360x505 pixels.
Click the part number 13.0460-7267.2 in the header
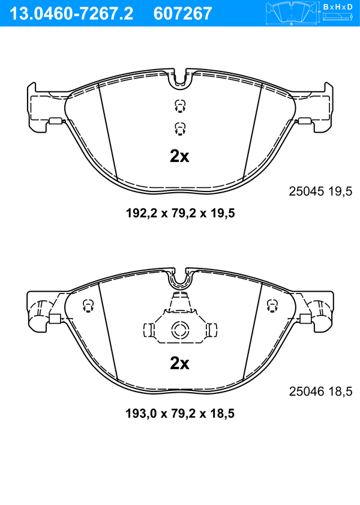point(71,14)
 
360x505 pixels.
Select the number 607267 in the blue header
point(183,14)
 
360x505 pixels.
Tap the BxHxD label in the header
point(337,7)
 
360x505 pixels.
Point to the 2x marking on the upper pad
point(179,157)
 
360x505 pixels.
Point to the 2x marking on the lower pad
point(179,364)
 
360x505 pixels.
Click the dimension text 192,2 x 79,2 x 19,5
point(180,213)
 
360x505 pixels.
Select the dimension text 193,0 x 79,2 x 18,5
point(180,413)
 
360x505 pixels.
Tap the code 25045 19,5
point(320,192)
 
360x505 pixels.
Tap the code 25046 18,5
point(320,392)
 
